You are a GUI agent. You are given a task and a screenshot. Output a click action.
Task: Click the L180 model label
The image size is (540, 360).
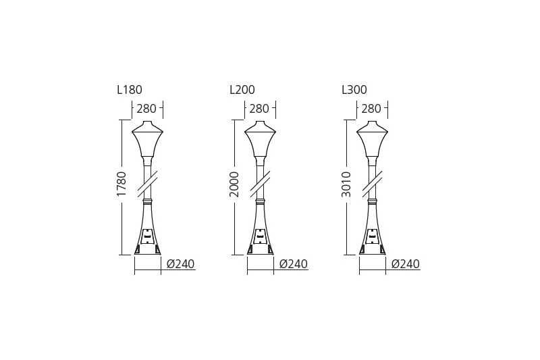point(130,90)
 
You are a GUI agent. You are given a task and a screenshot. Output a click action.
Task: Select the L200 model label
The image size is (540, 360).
point(242,90)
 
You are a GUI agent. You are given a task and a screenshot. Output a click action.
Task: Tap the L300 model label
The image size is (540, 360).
point(354,90)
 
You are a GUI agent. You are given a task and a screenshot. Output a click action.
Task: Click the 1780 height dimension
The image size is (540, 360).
point(122,184)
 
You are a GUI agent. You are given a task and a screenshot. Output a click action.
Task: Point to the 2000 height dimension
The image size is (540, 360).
point(234,184)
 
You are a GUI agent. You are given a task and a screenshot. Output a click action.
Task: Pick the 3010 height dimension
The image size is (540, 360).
point(346,184)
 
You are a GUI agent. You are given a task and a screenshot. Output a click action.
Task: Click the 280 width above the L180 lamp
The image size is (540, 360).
point(146,109)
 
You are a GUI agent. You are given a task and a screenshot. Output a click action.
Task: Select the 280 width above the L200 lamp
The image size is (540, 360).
point(259,109)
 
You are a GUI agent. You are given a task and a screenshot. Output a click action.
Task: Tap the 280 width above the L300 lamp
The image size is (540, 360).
point(371,109)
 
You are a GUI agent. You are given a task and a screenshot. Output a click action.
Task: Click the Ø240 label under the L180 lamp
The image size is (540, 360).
point(180,264)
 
